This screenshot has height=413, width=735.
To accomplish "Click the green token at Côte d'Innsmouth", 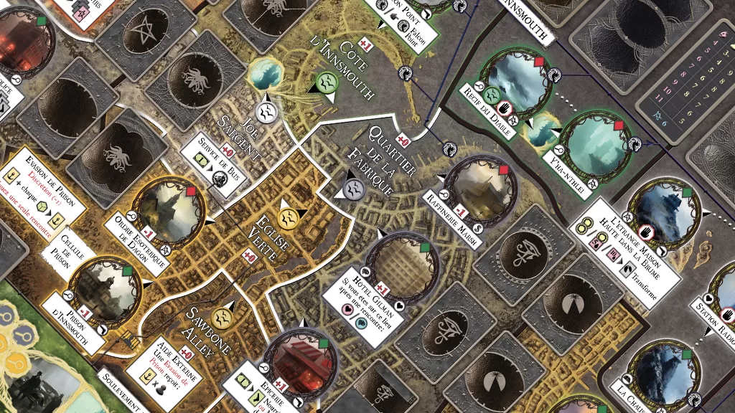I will tap(327, 82).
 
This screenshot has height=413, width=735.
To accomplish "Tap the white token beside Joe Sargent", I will tap(266, 111).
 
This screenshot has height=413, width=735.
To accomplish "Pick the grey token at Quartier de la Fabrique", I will tap(352, 189).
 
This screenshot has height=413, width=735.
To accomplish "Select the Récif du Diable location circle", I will tap(515, 80).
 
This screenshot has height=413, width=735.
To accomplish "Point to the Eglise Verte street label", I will tap(270, 234).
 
